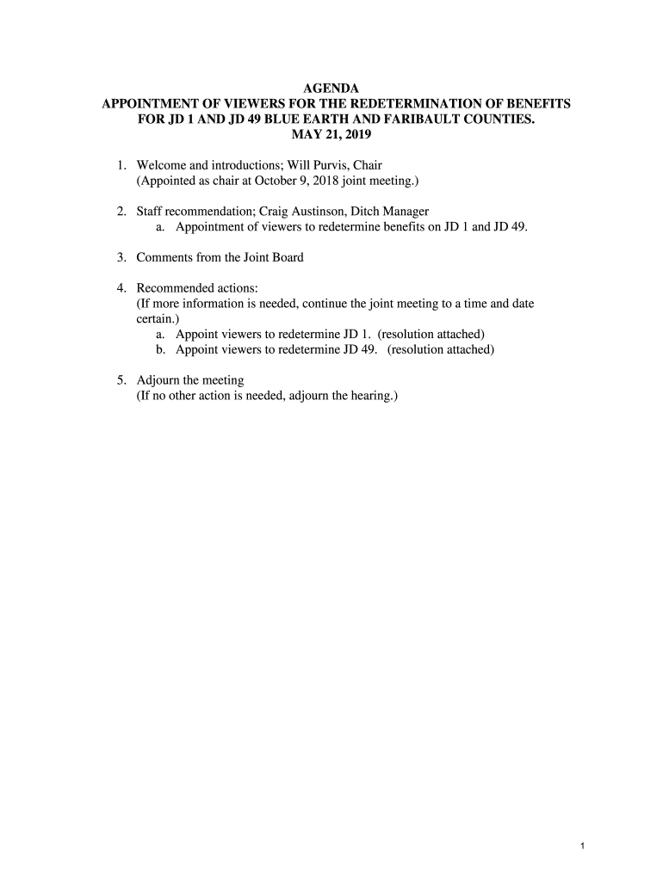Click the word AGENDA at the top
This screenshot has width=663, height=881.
click(x=331, y=88)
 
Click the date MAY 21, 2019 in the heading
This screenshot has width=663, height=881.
click(x=331, y=135)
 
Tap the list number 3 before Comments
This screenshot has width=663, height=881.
click(x=121, y=257)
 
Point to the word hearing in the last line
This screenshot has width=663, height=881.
click(x=369, y=396)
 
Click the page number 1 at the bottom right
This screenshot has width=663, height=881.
click(x=583, y=847)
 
